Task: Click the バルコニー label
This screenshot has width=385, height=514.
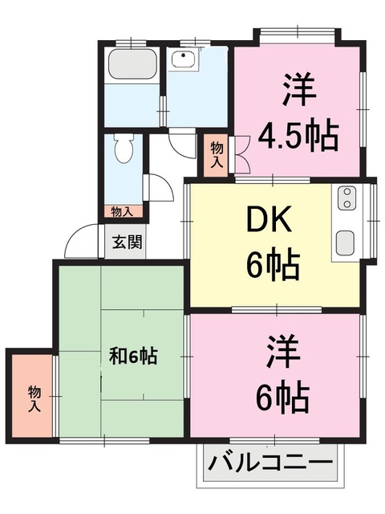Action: point(269,464)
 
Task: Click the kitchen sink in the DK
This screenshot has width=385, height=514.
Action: point(347,241)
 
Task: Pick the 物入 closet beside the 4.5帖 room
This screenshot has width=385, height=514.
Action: point(217,153)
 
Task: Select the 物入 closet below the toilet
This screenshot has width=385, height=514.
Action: point(122,212)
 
